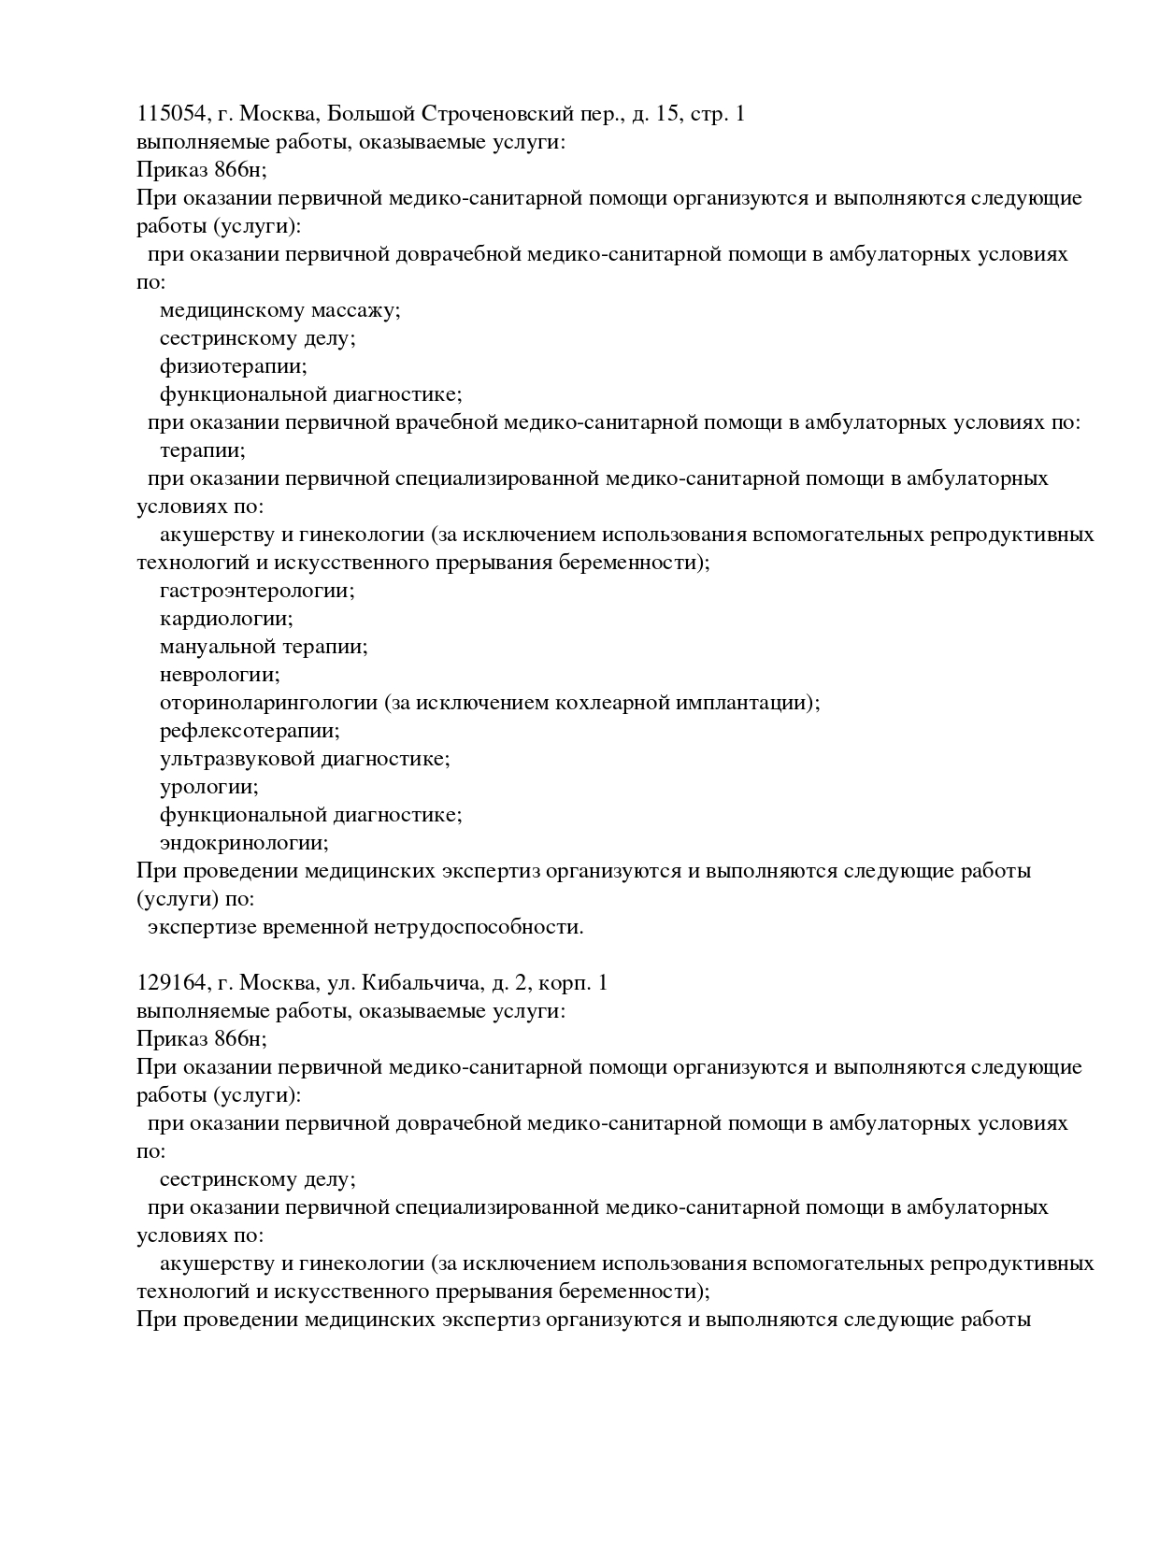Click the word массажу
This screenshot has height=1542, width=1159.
pos(356,310)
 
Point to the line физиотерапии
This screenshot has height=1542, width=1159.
pos(233,366)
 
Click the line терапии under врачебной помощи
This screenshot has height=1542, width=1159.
pos(202,450)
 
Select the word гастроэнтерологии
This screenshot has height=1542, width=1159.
pos(257,591)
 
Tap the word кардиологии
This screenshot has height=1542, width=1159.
pos(226,619)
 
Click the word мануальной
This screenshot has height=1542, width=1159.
pos(218,647)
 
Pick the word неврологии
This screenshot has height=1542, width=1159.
pos(220,675)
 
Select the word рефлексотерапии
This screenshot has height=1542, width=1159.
pos(250,731)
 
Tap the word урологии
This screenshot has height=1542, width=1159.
pos(209,787)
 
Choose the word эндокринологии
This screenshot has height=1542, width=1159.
pos(244,843)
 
